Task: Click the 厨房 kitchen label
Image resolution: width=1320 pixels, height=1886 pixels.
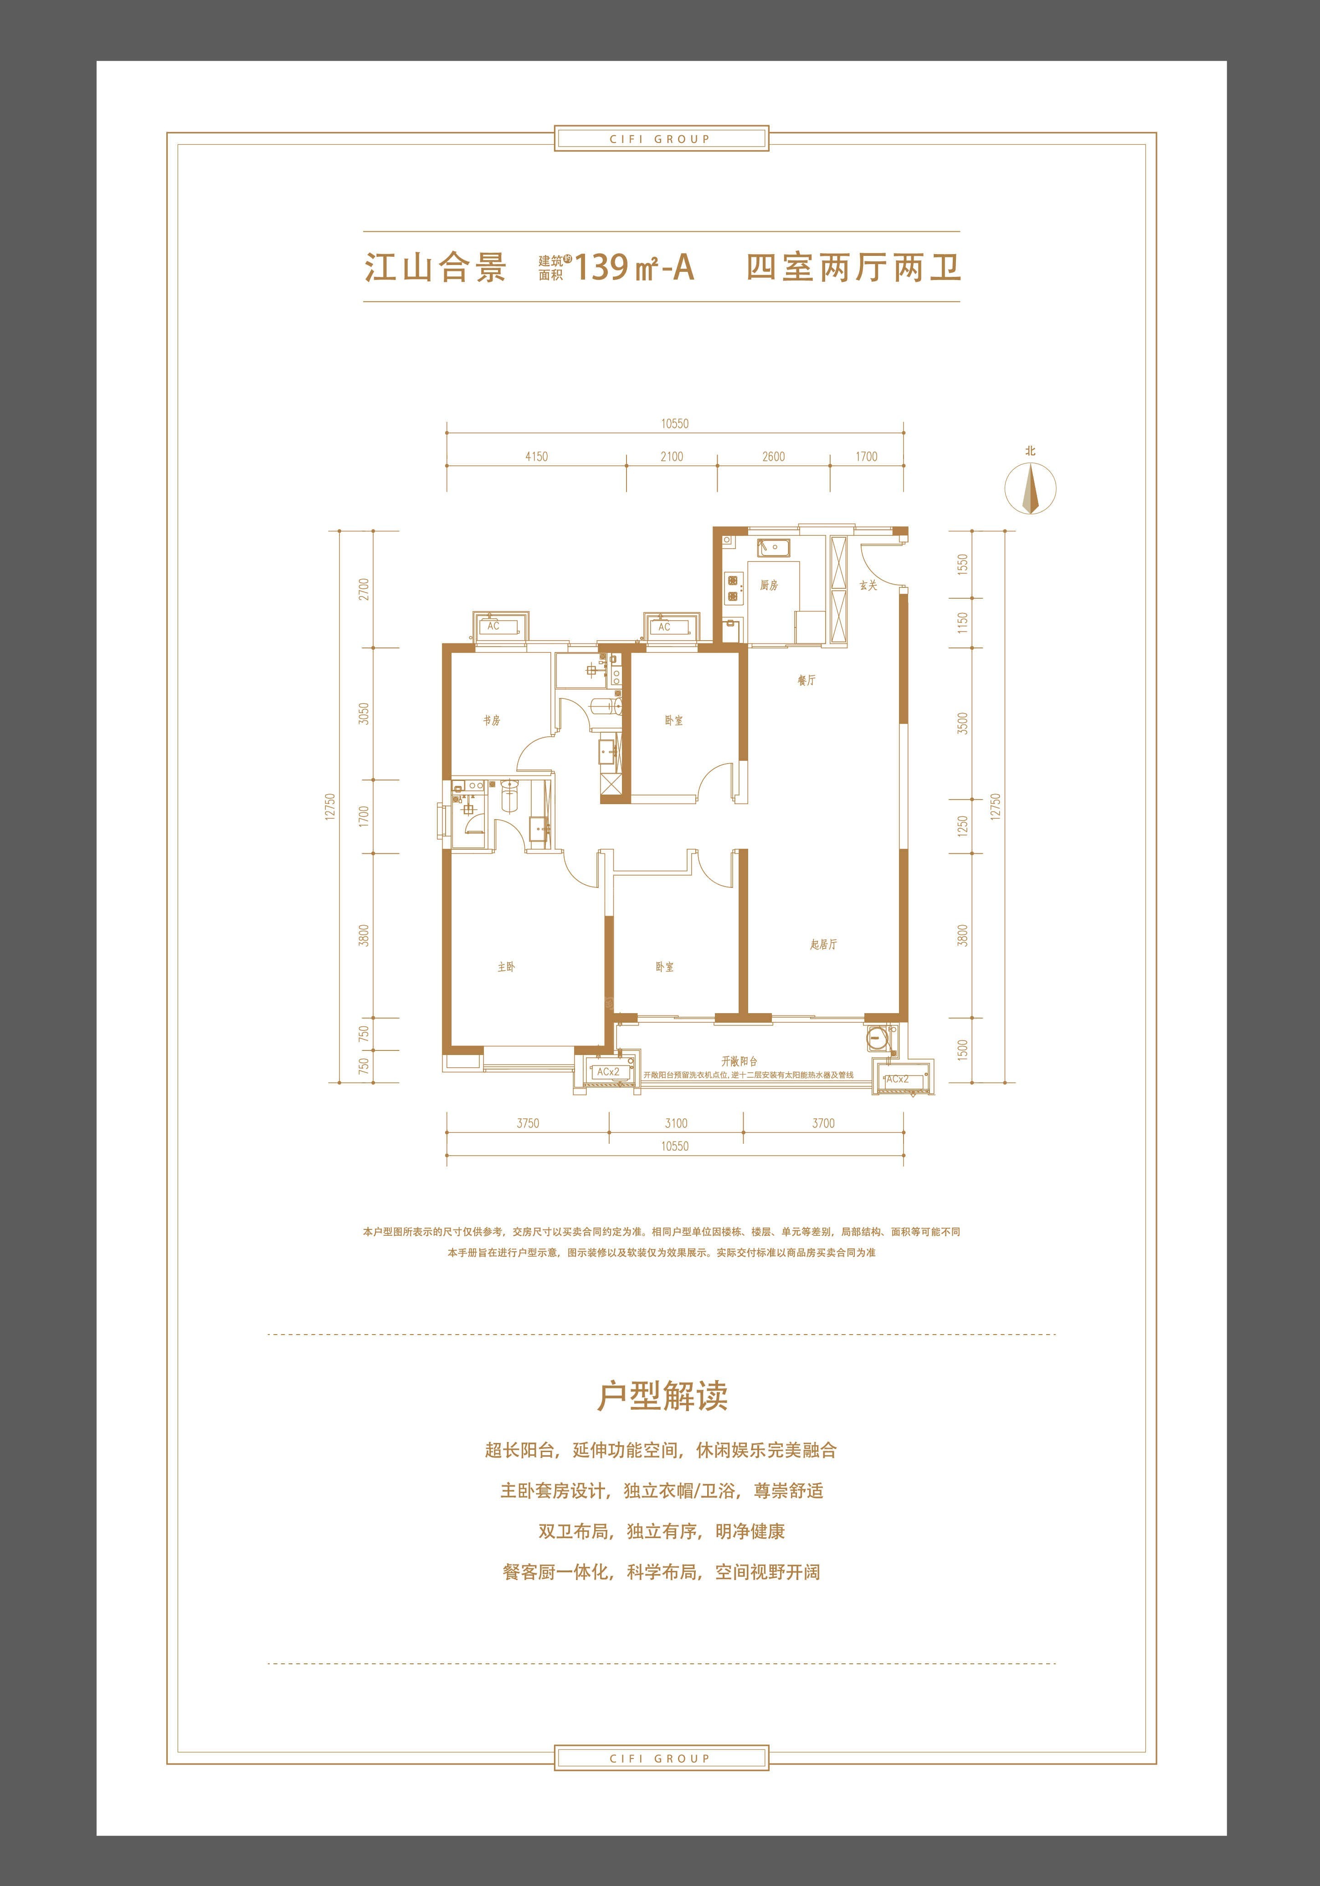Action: [x=769, y=586]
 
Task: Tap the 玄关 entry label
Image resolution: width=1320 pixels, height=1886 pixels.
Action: [x=869, y=586]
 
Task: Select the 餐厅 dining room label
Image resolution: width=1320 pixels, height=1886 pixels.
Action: [x=806, y=680]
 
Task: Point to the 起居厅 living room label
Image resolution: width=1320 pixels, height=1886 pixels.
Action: [x=823, y=945]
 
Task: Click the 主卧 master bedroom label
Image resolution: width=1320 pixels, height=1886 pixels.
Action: [x=506, y=967]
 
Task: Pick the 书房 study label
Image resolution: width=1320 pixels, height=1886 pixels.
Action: [x=492, y=720]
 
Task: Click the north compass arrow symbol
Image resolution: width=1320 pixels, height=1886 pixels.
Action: [x=1031, y=488]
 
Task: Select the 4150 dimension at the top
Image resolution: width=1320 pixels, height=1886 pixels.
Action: [x=537, y=457]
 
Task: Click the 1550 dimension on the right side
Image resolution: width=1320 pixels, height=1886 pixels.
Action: [x=963, y=564]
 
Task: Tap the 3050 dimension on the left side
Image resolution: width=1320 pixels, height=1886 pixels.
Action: [x=364, y=713]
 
